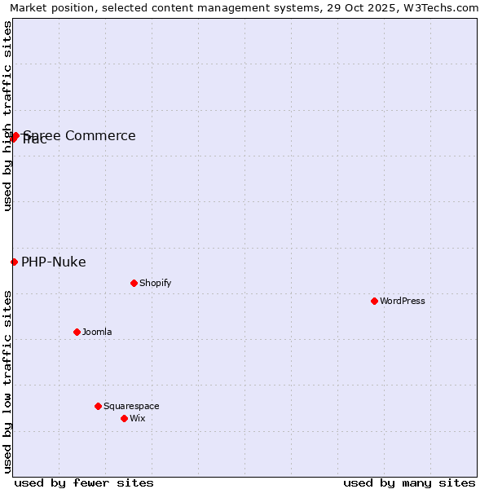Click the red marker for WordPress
(374, 301)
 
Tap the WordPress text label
(403, 301)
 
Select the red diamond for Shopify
(134, 283)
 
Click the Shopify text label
(156, 283)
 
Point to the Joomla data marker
(77, 332)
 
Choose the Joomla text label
(97, 332)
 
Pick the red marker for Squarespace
(98, 406)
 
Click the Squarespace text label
(131, 406)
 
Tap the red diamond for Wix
(124, 418)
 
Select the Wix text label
(138, 418)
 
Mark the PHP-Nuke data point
(14, 262)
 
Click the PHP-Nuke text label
(54, 262)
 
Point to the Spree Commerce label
(80, 135)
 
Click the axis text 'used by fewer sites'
(84, 482)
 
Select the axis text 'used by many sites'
(409, 482)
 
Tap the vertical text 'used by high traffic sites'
(7, 116)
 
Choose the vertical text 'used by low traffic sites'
(7, 381)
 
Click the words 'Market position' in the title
(49, 7)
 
